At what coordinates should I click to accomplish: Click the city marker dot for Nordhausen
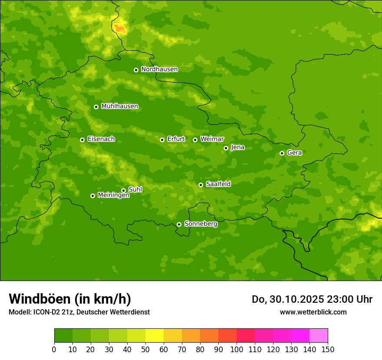136,70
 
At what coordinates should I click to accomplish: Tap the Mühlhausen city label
119,106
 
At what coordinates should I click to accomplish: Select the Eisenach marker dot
82,140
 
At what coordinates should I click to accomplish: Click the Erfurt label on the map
176,139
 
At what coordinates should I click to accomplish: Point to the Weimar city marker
195,140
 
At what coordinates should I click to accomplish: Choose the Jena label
237,147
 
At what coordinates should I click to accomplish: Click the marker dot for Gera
282,153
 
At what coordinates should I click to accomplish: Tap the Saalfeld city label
218,184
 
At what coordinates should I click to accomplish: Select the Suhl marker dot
123,190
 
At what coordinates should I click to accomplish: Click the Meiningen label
113,195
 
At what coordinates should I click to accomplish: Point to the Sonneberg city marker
179,224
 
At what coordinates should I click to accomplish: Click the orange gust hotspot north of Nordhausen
120,29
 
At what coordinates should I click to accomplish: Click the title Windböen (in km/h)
70,299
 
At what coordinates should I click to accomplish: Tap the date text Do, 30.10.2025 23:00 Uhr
312,299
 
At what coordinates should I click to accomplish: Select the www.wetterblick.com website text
313,312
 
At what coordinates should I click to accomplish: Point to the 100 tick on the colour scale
237,349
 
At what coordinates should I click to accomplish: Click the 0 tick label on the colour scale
54,349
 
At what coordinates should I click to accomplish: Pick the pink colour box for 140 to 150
319,336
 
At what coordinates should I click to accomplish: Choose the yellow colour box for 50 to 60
155,336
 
